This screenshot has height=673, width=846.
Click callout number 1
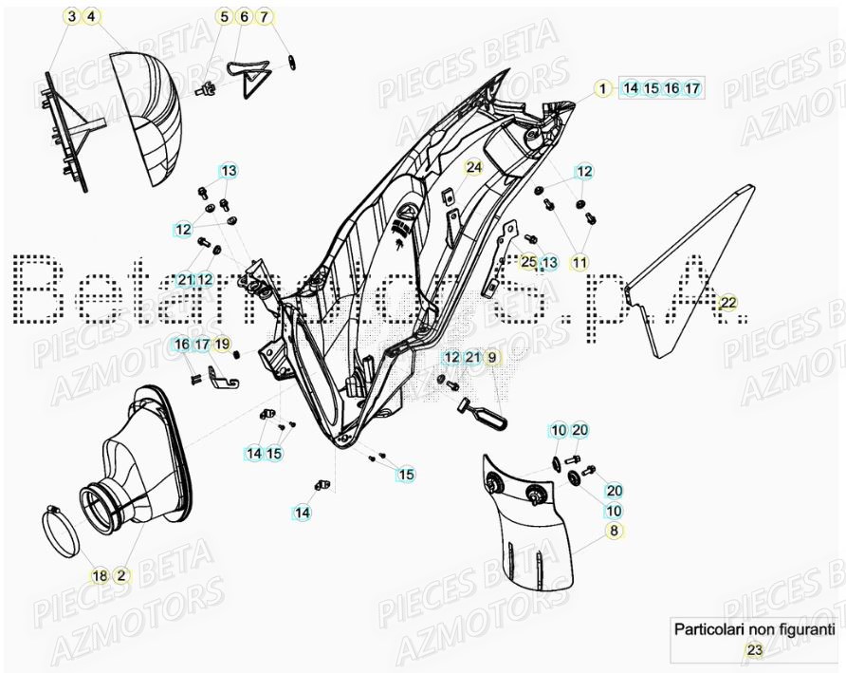pos(600,88)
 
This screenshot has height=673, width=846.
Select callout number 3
pos(71,17)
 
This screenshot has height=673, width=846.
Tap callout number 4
pos(90,17)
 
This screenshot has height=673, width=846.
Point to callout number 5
pos(225,17)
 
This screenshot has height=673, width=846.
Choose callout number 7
pos(265,17)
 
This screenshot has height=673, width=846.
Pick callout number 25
pos(529,262)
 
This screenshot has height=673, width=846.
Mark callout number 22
pos(727,303)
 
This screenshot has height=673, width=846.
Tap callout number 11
pos(579,262)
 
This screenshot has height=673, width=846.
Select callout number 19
pos(222,344)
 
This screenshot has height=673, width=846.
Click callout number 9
pos(491,357)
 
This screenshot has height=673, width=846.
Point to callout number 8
pos(614,531)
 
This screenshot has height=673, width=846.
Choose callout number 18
pos(100,575)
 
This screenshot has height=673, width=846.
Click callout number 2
pos(121,575)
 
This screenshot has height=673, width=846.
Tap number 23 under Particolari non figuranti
pos(754,650)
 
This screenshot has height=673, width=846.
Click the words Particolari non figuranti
pos(754,628)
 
